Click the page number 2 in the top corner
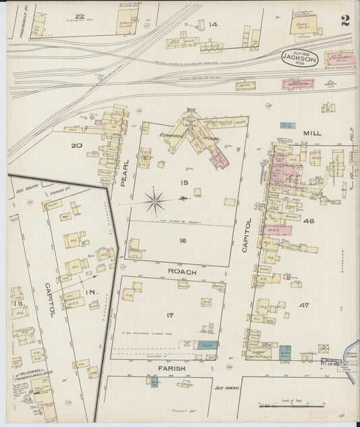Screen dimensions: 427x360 [344, 20]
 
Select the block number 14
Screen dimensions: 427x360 [213, 24]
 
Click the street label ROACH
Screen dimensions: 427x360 [182, 272]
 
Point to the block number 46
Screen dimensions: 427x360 [309, 221]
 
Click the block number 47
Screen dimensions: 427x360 [304, 305]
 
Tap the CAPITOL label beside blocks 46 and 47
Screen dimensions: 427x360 [247, 234]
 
